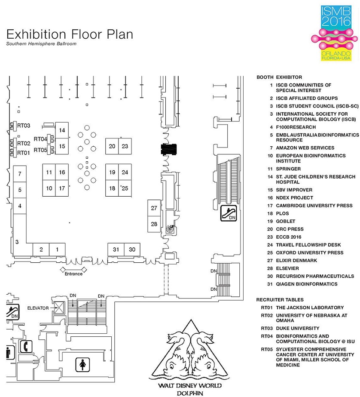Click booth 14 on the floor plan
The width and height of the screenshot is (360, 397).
point(62,130)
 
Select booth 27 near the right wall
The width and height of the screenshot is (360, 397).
point(154,208)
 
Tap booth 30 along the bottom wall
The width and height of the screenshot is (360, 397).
point(132,249)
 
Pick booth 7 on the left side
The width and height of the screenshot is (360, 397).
point(20,173)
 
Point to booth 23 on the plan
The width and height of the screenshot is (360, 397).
point(125,146)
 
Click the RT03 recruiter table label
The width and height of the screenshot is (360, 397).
point(23,126)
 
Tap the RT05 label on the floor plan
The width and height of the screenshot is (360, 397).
point(40,150)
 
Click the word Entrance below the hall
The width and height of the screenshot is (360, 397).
point(73,274)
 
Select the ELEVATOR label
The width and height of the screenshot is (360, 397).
point(38,308)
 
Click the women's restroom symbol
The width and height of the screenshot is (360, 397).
point(82,365)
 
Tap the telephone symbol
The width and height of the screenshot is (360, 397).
point(26,346)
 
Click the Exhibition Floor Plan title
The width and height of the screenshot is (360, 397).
point(70,34)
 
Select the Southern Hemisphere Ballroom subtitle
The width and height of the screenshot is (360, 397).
point(41,44)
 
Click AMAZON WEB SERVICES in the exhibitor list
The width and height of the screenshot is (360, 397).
point(305,148)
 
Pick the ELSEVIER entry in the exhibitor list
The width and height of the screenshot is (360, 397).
point(287,268)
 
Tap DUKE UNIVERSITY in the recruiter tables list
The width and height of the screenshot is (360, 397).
point(297,328)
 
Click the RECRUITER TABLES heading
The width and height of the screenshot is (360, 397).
point(280,300)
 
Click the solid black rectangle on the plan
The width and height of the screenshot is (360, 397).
point(168,149)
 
